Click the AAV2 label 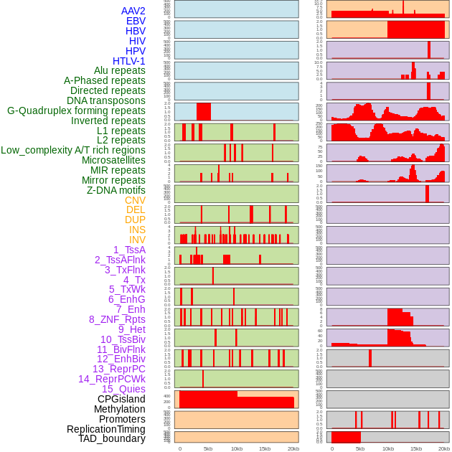click(133, 11)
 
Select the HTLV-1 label click(128, 61)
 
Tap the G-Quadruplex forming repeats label click(76, 110)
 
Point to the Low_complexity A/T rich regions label click(72, 150)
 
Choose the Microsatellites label click(113, 160)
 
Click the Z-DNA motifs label click(116, 190)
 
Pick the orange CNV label click(135, 200)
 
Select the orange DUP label click(135, 220)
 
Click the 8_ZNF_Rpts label click(117, 319)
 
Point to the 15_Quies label click(123, 389)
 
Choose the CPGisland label click(121, 399)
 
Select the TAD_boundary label click(111, 438)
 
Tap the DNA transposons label click(105, 100)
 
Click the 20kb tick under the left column click(293, 448)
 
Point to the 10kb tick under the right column click(388, 448)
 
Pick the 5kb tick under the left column click(208, 448)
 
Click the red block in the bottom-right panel click(346, 436)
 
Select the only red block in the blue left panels click(204, 111)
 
